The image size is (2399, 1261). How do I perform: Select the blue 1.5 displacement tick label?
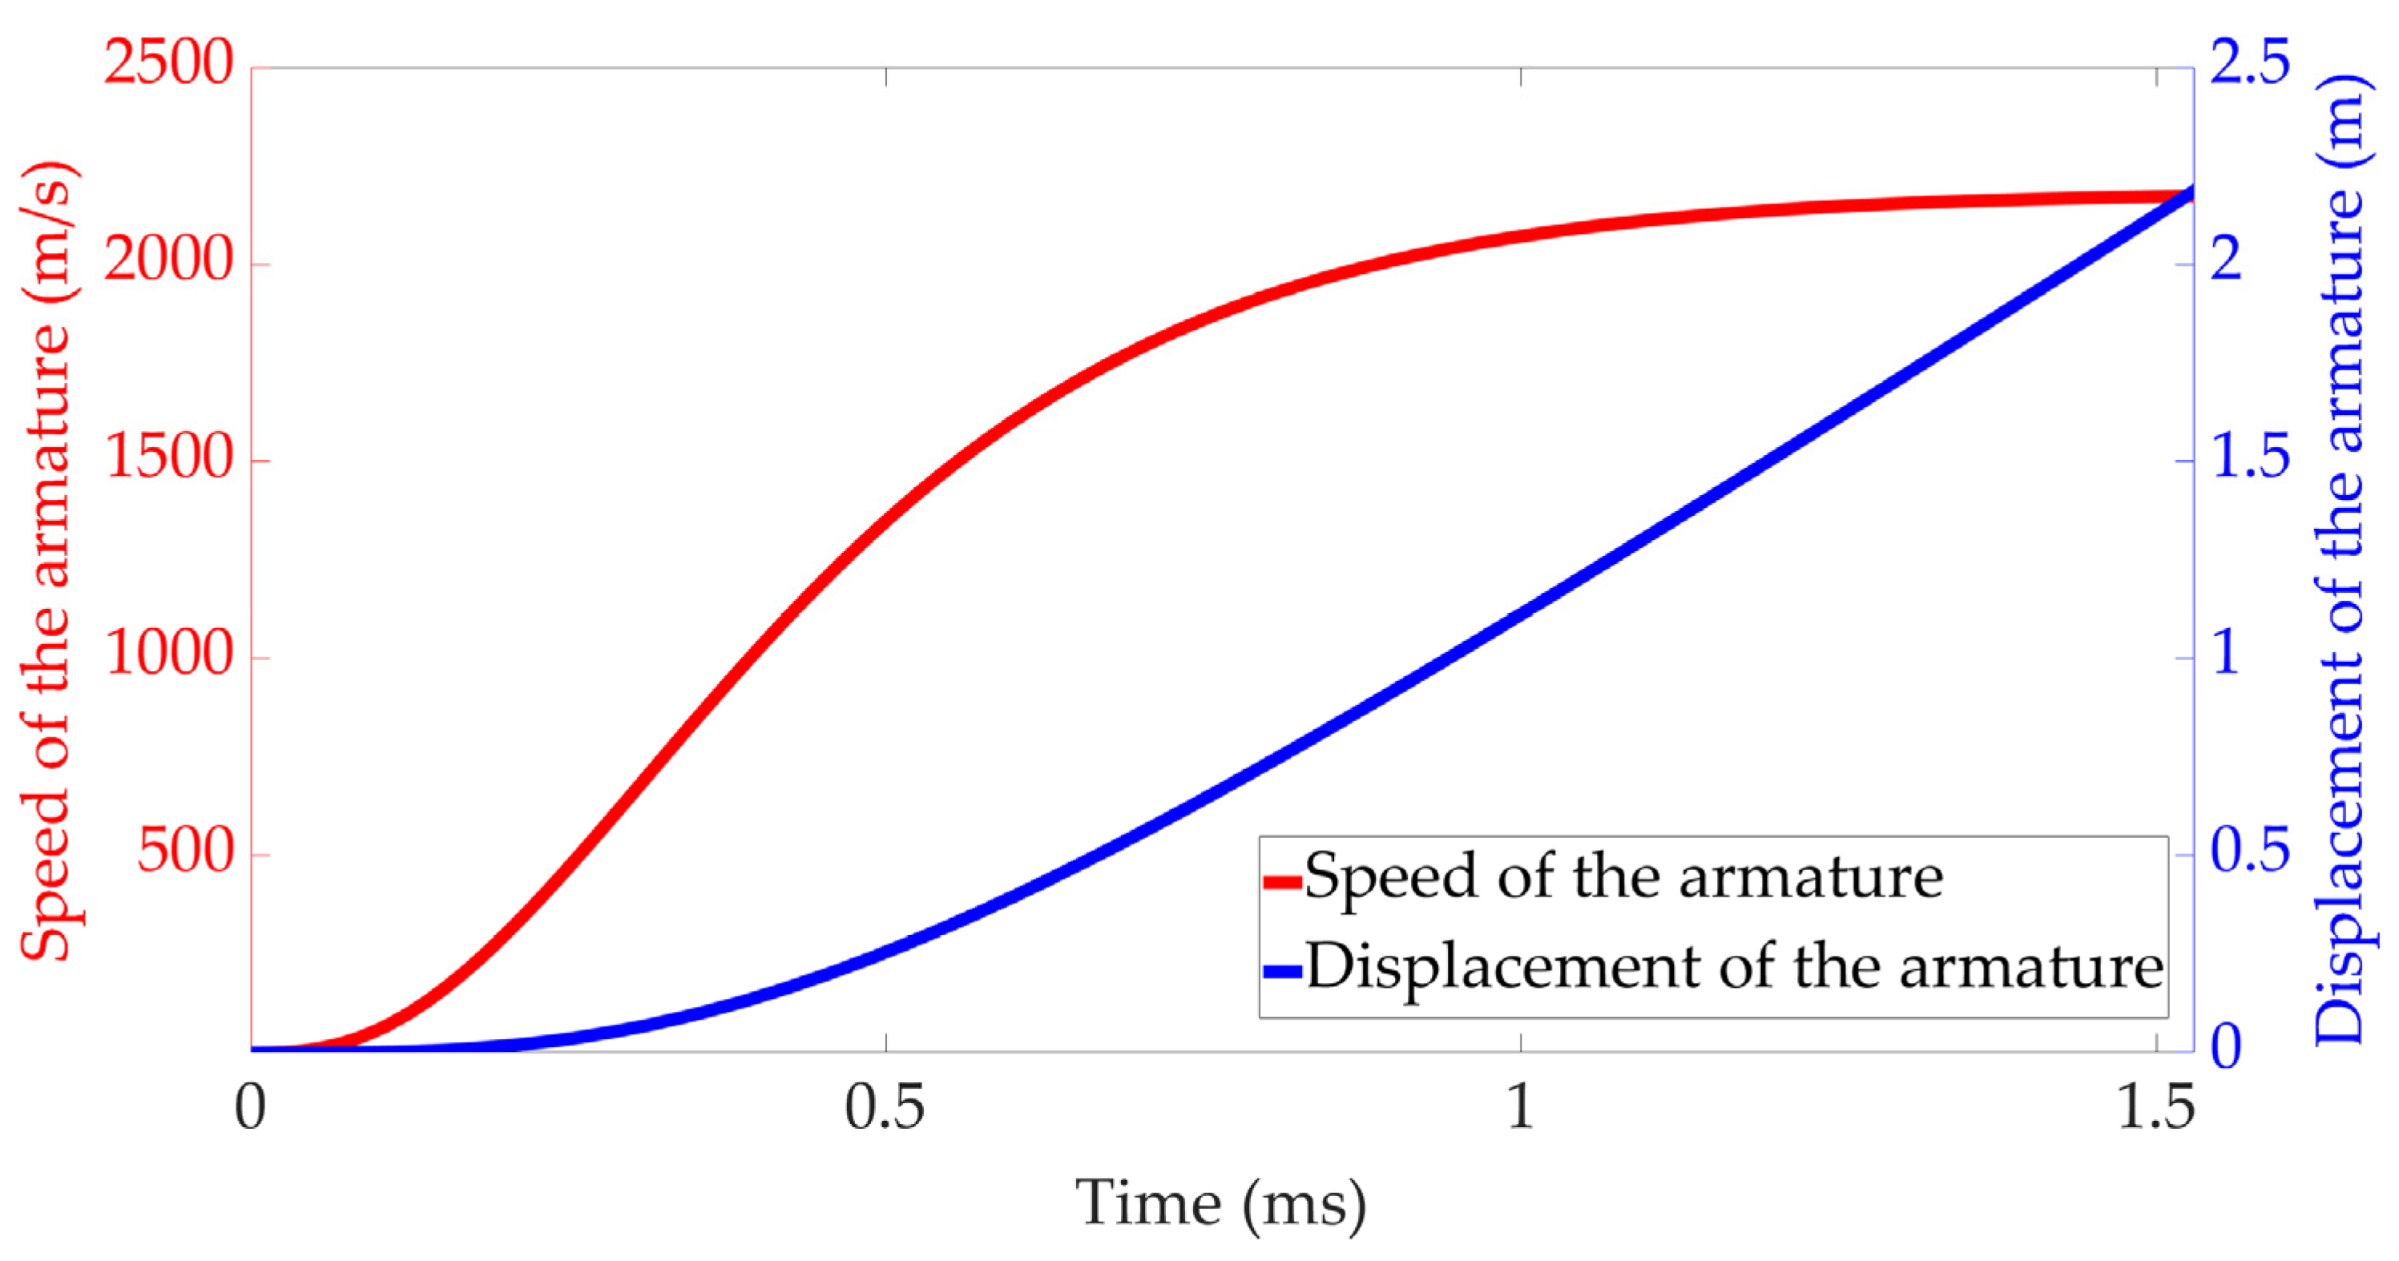click(2250, 458)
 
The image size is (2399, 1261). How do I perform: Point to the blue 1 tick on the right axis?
click(2227, 655)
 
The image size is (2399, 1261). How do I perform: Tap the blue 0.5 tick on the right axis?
click(2250, 852)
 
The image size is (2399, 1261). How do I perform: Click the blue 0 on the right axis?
click(2227, 1049)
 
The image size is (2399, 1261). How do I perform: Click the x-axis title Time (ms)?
click(1221, 1204)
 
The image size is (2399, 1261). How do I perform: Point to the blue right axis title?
click(2340, 558)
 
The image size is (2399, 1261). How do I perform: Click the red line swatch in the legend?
click(1282, 881)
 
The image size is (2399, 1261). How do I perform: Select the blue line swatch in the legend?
click(1282, 971)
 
